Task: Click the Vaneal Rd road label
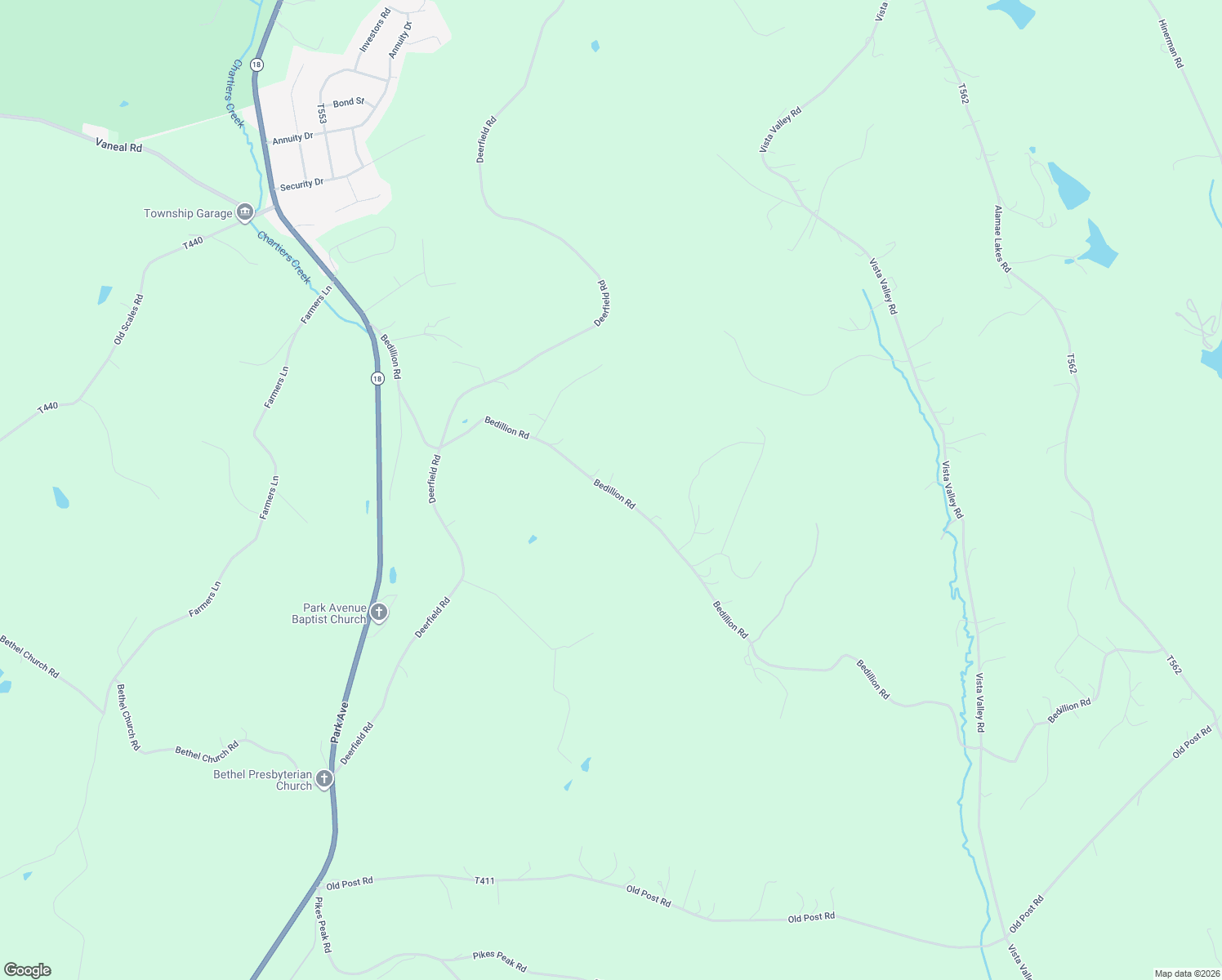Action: pos(118,146)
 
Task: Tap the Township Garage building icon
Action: pos(244,213)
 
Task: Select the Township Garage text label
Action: pos(188,213)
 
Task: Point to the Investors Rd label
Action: pos(375,30)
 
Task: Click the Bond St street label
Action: pos(348,102)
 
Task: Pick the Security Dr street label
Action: pos(301,185)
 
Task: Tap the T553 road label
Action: pos(322,114)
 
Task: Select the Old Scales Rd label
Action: pos(128,318)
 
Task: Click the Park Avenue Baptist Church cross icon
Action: pos(378,612)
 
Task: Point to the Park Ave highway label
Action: pos(339,721)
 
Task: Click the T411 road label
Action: pos(484,880)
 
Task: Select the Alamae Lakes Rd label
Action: pos(1002,238)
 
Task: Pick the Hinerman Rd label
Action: pos(1170,43)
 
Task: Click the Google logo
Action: pos(28,970)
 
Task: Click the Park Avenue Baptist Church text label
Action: pos(329,613)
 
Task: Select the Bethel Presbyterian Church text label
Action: pos(262,780)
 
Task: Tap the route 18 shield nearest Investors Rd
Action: pos(257,64)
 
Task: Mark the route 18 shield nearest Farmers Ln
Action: pos(377,378)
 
